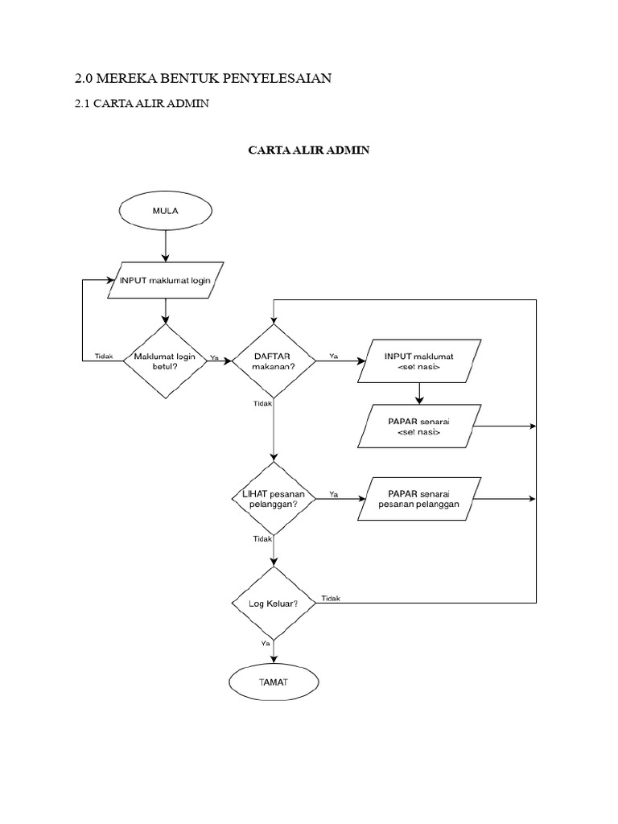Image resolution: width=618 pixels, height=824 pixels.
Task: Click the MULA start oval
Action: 166,211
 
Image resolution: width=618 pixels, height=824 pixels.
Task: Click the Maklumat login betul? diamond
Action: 166,360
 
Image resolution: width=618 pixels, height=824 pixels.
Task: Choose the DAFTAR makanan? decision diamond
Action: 274,360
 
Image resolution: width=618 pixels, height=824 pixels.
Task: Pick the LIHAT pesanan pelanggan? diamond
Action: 274,499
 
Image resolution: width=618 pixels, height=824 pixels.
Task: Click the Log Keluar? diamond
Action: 274,603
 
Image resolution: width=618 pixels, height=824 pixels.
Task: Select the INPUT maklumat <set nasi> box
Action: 418,360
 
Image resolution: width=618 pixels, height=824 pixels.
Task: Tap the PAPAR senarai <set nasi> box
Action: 418,426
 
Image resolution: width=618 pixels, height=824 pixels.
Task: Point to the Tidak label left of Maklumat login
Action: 104,356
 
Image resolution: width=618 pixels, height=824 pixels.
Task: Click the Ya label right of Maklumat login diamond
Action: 213,356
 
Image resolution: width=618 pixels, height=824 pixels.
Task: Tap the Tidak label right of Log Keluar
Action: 331,598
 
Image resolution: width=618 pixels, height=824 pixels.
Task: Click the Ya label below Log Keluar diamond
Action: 266,644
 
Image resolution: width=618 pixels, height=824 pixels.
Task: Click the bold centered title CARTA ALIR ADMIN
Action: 308,150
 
